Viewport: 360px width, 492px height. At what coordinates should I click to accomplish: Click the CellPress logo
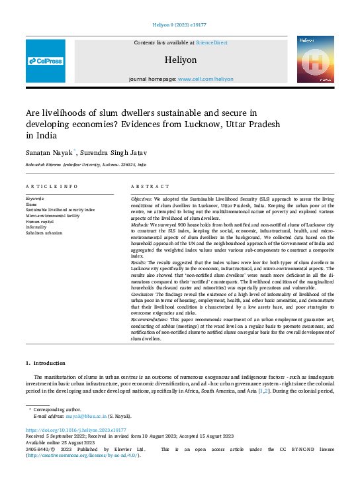coord(46,61)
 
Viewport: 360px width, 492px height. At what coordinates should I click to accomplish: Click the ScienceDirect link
coord(211,42)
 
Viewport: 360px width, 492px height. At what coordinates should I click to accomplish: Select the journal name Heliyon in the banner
coord(180,60)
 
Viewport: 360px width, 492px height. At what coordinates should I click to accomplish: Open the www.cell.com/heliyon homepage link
coord(205,79)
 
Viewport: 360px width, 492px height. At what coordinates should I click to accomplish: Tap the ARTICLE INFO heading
coord(52,187)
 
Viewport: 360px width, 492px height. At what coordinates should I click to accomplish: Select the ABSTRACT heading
coord(146,187)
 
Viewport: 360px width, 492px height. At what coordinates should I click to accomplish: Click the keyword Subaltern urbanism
coord(44,233)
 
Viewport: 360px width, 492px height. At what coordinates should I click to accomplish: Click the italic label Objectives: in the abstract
coord(142,199)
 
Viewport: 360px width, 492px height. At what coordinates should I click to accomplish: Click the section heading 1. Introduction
coord(46,363)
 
